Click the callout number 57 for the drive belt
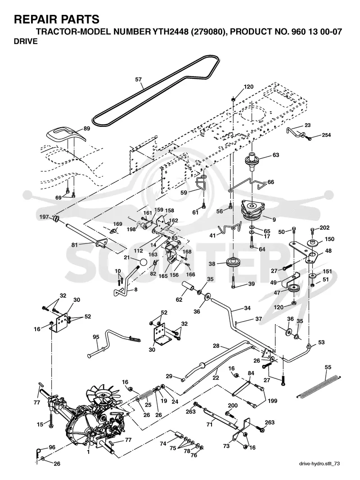tap(138, 80)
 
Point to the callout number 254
tap(326, 135)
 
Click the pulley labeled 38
tap(232, 263)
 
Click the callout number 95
tap(96, 337)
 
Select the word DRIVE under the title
tap(26, 41)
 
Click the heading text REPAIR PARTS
tap(57, 19)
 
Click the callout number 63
tap(276, 155)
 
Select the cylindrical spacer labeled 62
tap(189, 288)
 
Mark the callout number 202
tap(324, 228)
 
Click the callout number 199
tap(272, 401)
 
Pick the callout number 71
tap(209, 425)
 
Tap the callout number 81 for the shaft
tap(75, 245)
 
